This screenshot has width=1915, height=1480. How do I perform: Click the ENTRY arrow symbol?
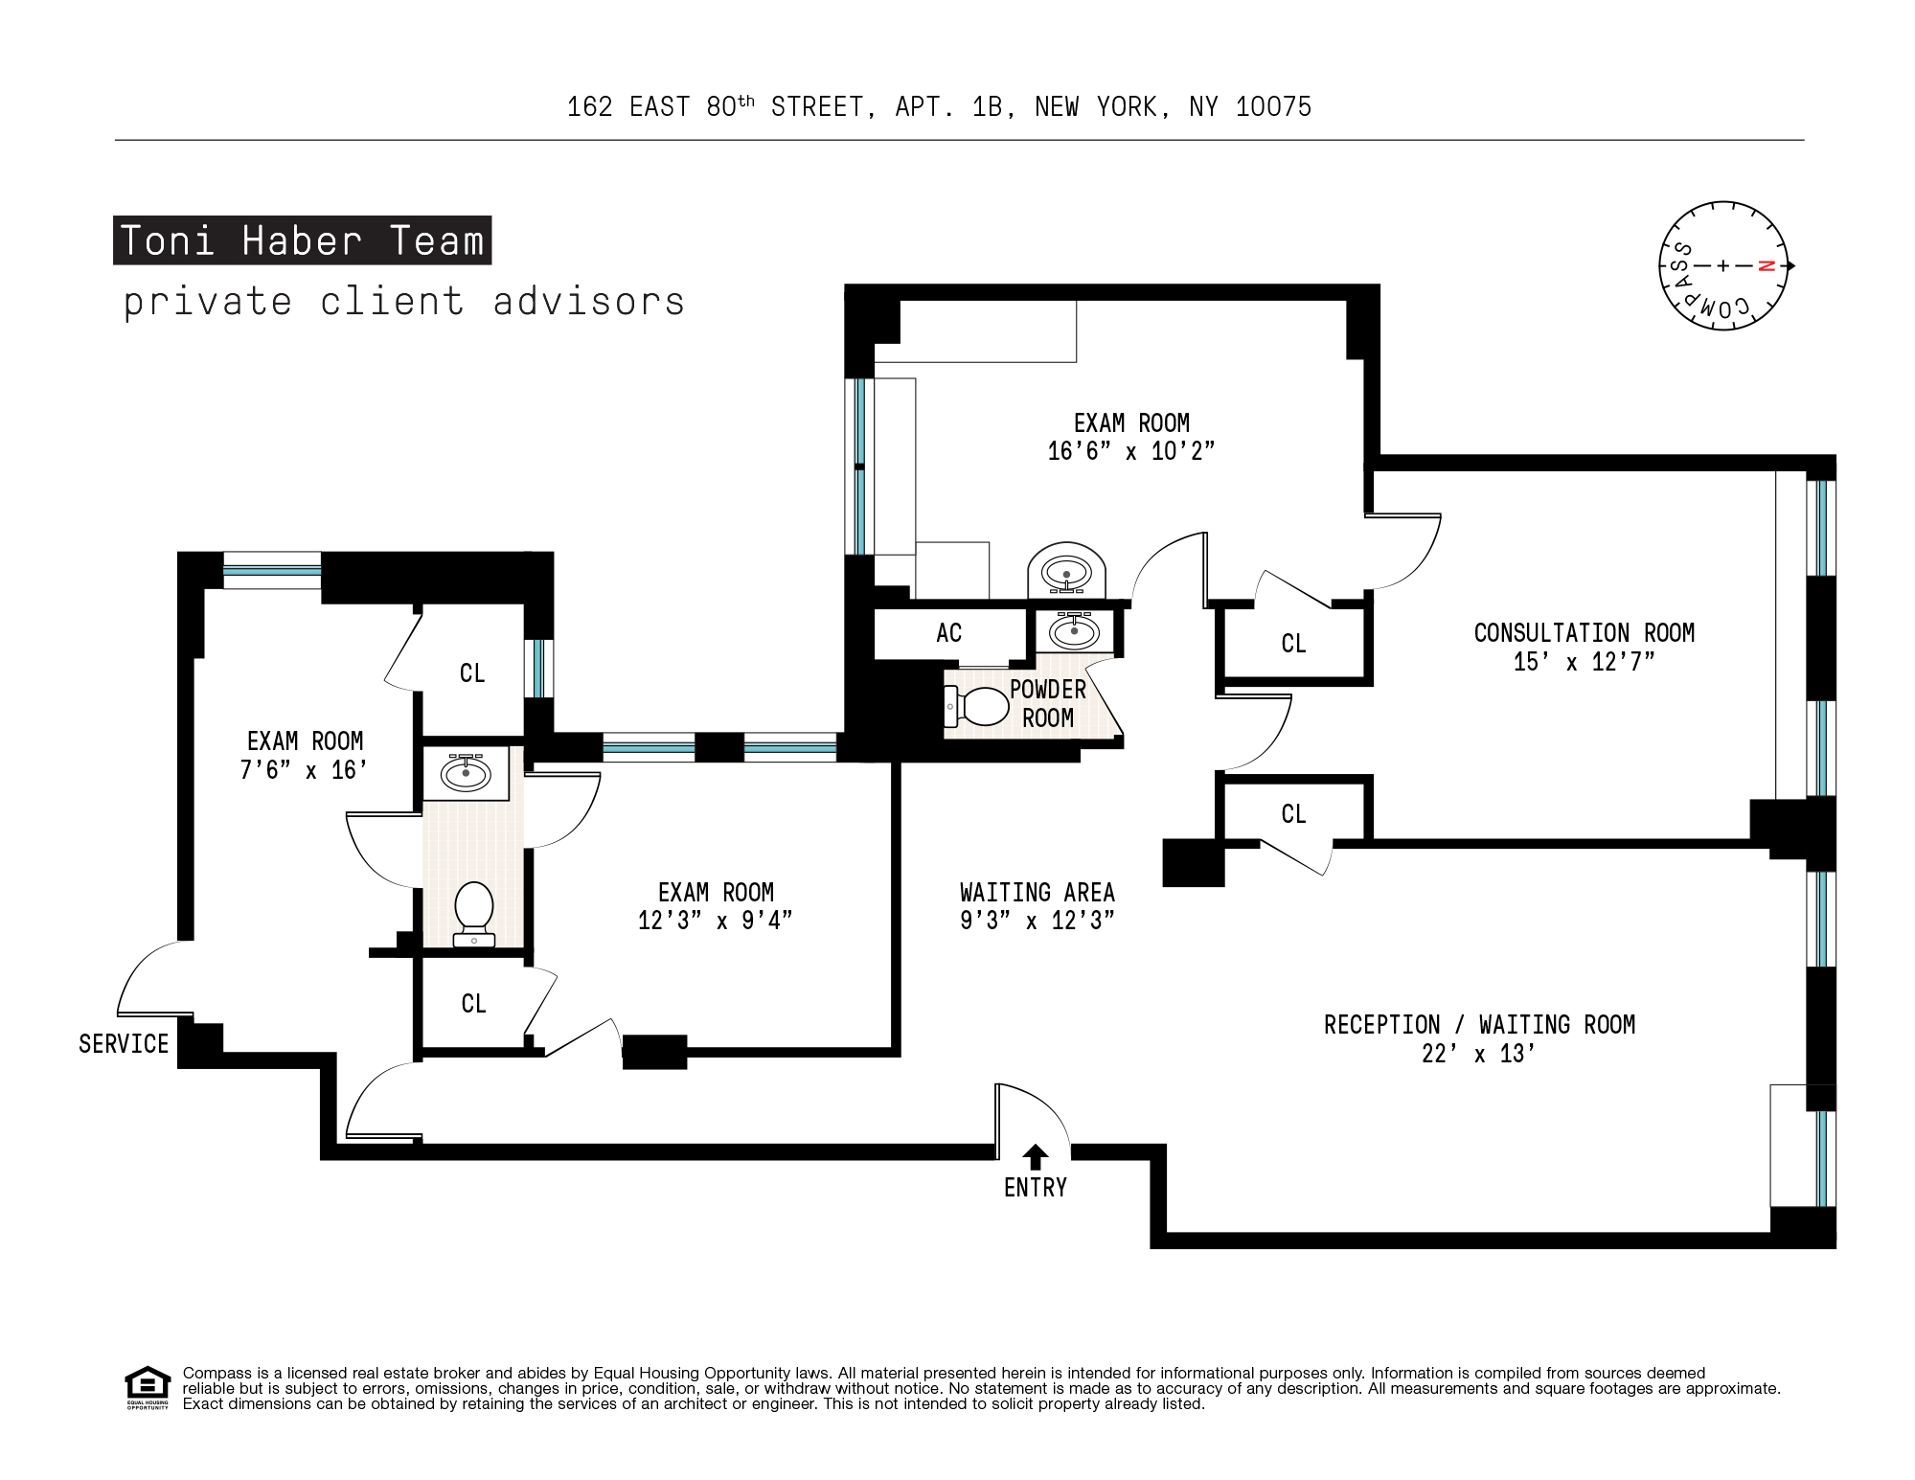(x=1035, y=1156)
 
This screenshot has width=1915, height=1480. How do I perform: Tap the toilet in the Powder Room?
(x=979, y=707)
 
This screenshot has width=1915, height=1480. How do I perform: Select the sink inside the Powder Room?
(x=1074, y=630)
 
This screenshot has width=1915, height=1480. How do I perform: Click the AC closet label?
(x=948, y=633)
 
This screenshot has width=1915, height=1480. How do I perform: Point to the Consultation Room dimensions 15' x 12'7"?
(x=1583, y=662)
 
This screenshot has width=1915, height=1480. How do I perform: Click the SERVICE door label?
(x=124, y=1044)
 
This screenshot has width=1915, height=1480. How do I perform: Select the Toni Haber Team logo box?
(x=302, y=240)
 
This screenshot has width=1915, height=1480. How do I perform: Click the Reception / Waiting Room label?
(x=1479, y=1025)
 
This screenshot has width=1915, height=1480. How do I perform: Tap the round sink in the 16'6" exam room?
(x=1066, y=573)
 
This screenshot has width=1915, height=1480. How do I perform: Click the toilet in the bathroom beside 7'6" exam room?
(x=473, y=910)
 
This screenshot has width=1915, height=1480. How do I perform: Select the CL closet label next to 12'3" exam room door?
(x=473, y=1004)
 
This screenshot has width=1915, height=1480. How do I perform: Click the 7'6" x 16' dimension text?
(x=304, y=770)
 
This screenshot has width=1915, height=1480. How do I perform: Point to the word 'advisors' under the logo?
(x=589, y=302)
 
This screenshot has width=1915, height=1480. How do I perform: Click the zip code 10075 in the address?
(x=1273, y=107)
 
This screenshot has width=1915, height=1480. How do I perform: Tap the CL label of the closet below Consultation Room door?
(x=1293, y=814)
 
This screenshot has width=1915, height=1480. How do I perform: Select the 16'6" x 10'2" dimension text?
(x=1130, y=451)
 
